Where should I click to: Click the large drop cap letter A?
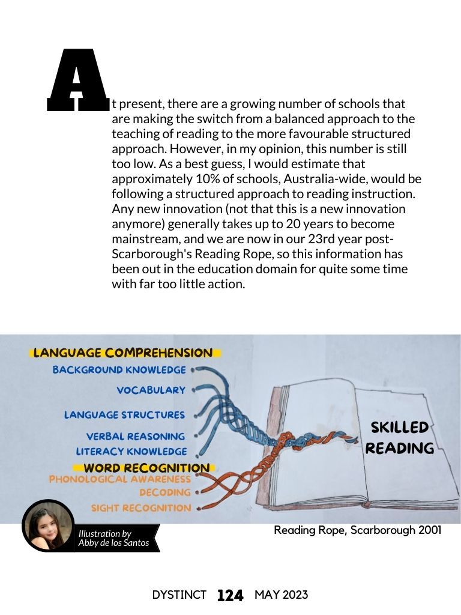(x=77, y=80)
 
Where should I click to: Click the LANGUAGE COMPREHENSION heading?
(x=123, y=353)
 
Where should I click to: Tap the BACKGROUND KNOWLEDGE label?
(x=119, y=370)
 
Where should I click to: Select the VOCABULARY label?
(x=151, y=390)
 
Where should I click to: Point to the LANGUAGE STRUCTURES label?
(x=124, y=415)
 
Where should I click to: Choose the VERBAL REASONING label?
(x=136, y=437)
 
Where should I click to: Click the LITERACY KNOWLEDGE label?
(x=131, y=452)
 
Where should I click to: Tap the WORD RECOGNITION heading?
(x=146, y=468)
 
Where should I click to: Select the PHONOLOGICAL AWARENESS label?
(x=119, y=479)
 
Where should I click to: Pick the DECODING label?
(x=165, y=492)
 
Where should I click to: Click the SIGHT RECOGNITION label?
(x=141, y=508)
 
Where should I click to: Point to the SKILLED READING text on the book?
(x=400, y=438)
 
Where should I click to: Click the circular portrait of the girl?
(x=48, y=526)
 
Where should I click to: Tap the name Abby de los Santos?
(x=113, y=543)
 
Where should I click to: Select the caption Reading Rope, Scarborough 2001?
(x=358, y=530)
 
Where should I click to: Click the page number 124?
(x=230, y=596)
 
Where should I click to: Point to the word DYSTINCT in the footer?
(x=179, y=595)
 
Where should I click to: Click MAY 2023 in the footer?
(x=282, y=595)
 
